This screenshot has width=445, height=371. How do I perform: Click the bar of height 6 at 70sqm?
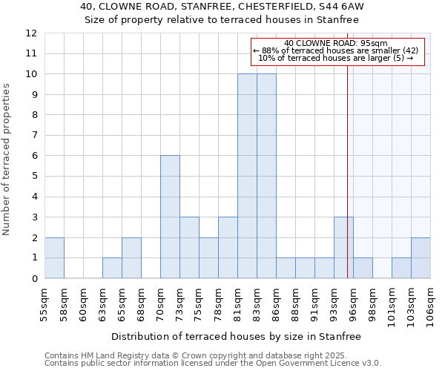click(x=170, y=217)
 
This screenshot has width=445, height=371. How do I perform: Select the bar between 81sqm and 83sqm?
click(x=247, y=176)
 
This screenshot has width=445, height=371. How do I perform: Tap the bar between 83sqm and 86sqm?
click(x=266, y=176)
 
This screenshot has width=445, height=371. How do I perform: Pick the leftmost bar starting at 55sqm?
click(x=54, y=257)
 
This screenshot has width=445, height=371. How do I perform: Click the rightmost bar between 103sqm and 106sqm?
click(x=421, y=257)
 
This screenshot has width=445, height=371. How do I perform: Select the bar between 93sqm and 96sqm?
click(x=343, y=247)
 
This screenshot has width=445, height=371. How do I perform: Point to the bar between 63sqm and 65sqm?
click(x=112, y=268)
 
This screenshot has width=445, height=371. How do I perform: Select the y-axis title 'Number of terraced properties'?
click(x=7, y=159)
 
